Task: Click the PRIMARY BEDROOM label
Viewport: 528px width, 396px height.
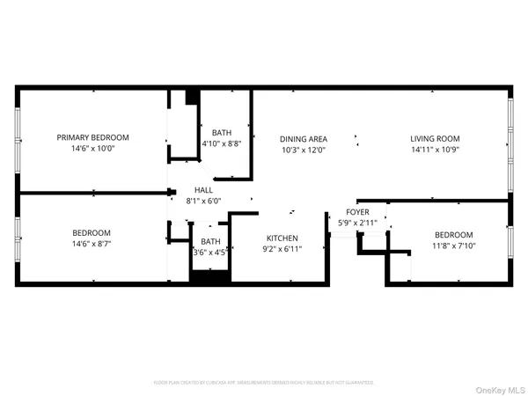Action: tap(92, 137)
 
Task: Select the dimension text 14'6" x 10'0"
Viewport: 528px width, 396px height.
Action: tap(92, 149)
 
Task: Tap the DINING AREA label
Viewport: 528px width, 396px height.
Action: tap(304, 139)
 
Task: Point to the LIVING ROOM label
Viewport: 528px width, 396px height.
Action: tap(435, 139)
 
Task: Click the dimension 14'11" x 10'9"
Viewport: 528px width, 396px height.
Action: tap(435, 150)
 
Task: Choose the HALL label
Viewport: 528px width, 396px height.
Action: tap(203, 189)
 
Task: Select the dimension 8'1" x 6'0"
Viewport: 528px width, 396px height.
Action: tap(203, 200)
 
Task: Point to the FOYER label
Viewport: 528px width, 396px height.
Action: tap(357, 212)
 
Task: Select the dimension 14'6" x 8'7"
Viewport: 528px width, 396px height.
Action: tap(92, 243)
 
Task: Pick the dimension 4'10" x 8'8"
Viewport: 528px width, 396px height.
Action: tap(221, 143)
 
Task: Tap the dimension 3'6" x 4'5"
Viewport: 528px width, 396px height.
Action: tap(211, 253)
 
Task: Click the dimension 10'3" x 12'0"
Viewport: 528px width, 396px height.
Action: tap(304, 150)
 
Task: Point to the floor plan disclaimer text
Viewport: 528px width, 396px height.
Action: tap(264, 383)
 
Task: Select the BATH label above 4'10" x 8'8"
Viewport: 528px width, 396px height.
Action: tap(221, 132)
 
